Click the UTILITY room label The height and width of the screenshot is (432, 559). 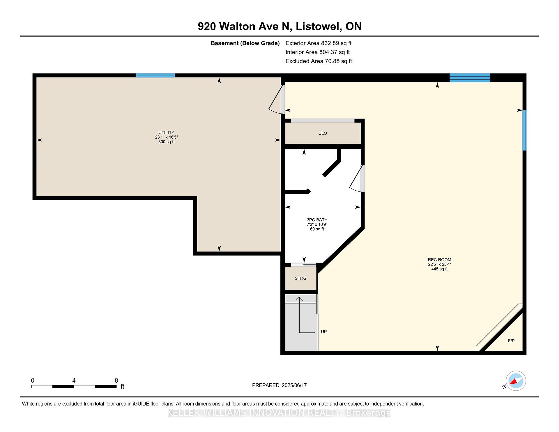pyautogui.click(x=166, y=132)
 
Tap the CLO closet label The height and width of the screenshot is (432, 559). pyautogui.click(x=323, y=133)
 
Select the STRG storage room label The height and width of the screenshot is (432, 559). pyautogui.click(x=300, y=278)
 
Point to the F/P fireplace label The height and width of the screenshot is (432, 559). pyautogui.click(x=511, y=341)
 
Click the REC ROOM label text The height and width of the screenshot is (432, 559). pyautogui.click(x=439, y=260)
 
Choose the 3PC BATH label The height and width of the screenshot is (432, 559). pyautogui.click(x=317, y=220)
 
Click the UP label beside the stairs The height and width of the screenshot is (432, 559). pyautogui.click(x=324, y=332)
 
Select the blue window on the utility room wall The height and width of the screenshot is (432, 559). pyautogui.click(x=155, y=75)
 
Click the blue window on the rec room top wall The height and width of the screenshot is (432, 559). pyautogui.click(x=470, y=78)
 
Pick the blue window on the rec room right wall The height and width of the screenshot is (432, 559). pyautogui.click(x=524, y=130)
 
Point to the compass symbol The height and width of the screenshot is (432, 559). pyautogui.click(x=516, y=381)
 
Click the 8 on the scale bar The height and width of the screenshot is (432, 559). pyautogui.click(x=116, y=380)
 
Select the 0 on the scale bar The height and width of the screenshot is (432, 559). pyautogui.click(x=33, y=380)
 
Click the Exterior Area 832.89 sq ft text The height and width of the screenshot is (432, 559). pyautogui.click(x=319, y=43)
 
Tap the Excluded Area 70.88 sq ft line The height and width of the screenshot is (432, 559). pyautogui.click(x=319, y=61)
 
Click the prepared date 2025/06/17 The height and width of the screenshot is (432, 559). pyautogui.click(x=294, y=385)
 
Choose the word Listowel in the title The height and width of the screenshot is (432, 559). pyautogui.click(x=319, y=26)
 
